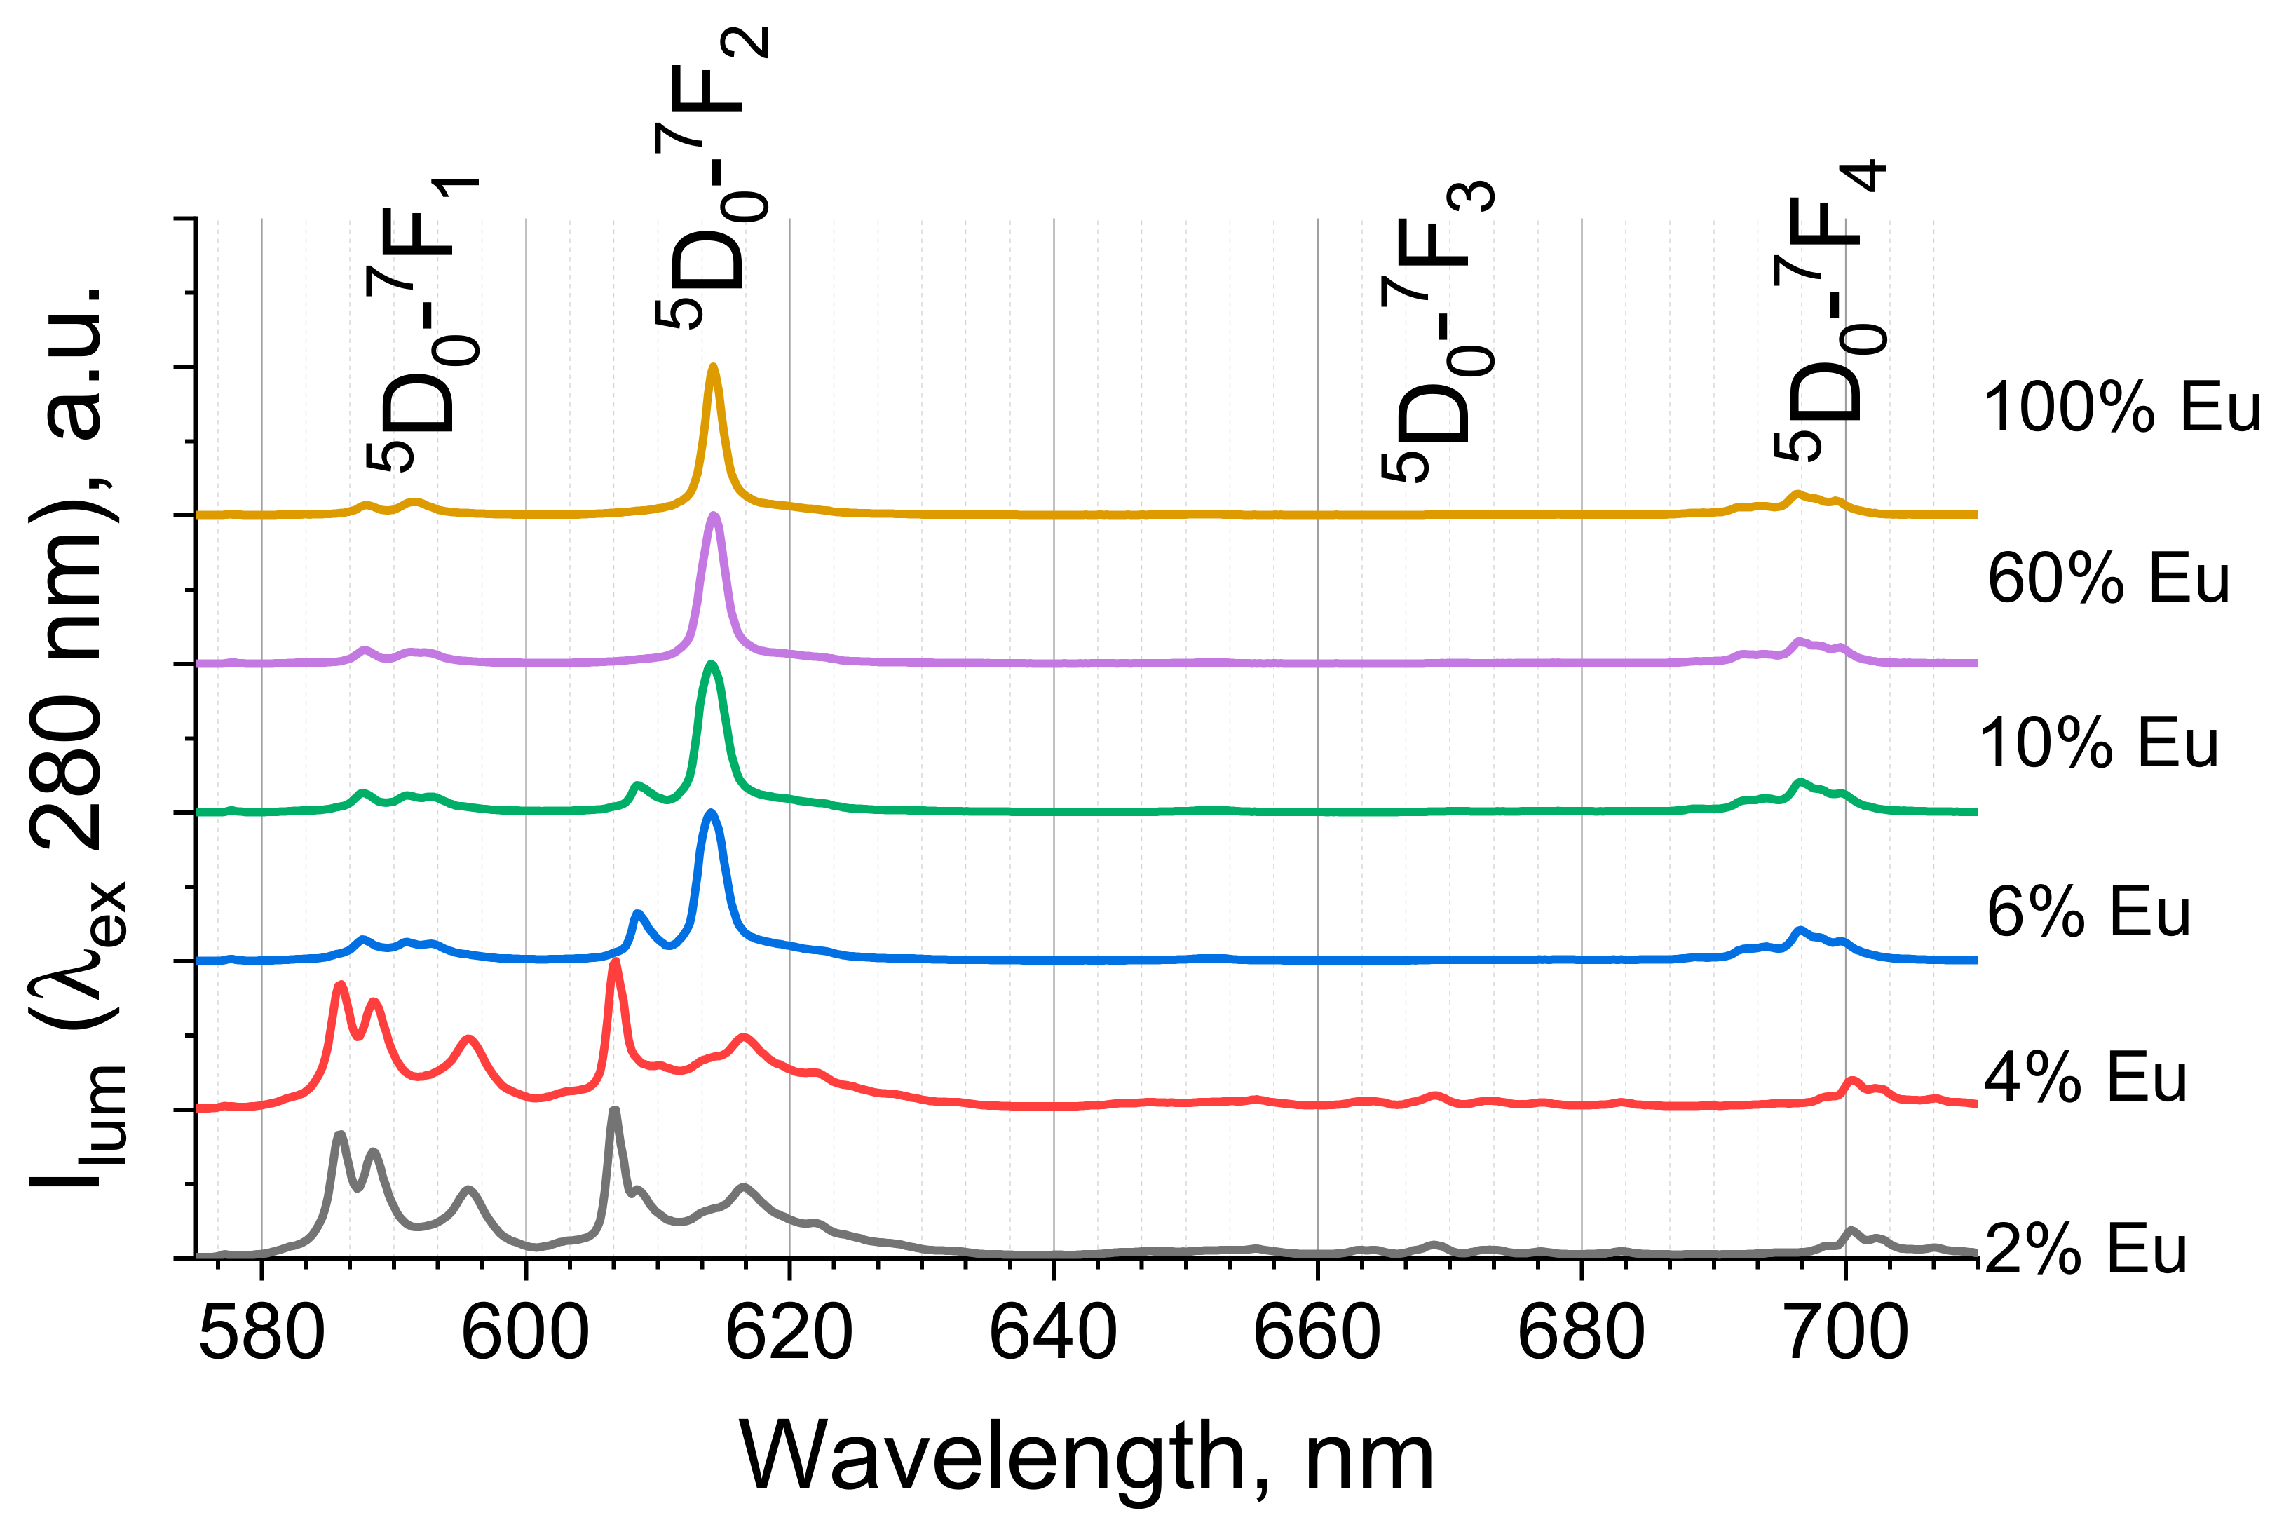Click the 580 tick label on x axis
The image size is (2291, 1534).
coord(261,1334)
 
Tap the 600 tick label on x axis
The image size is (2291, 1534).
coord(525,1334)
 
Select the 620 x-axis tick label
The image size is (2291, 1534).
coord(789,1334)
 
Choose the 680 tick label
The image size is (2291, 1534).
coord(1581,1334)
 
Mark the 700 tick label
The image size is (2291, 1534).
coord(1846,1334)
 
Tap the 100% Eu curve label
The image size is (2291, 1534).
coord(2121,408)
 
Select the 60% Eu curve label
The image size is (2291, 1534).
coord(2108,579)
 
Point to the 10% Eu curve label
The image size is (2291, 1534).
coord(2098,744)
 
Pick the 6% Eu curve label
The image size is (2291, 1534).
coord(2088,912)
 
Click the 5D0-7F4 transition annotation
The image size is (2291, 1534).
coord(1828,311)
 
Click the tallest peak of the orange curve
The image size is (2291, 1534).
coord(713,369)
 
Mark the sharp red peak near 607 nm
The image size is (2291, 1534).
coord(614,963)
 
